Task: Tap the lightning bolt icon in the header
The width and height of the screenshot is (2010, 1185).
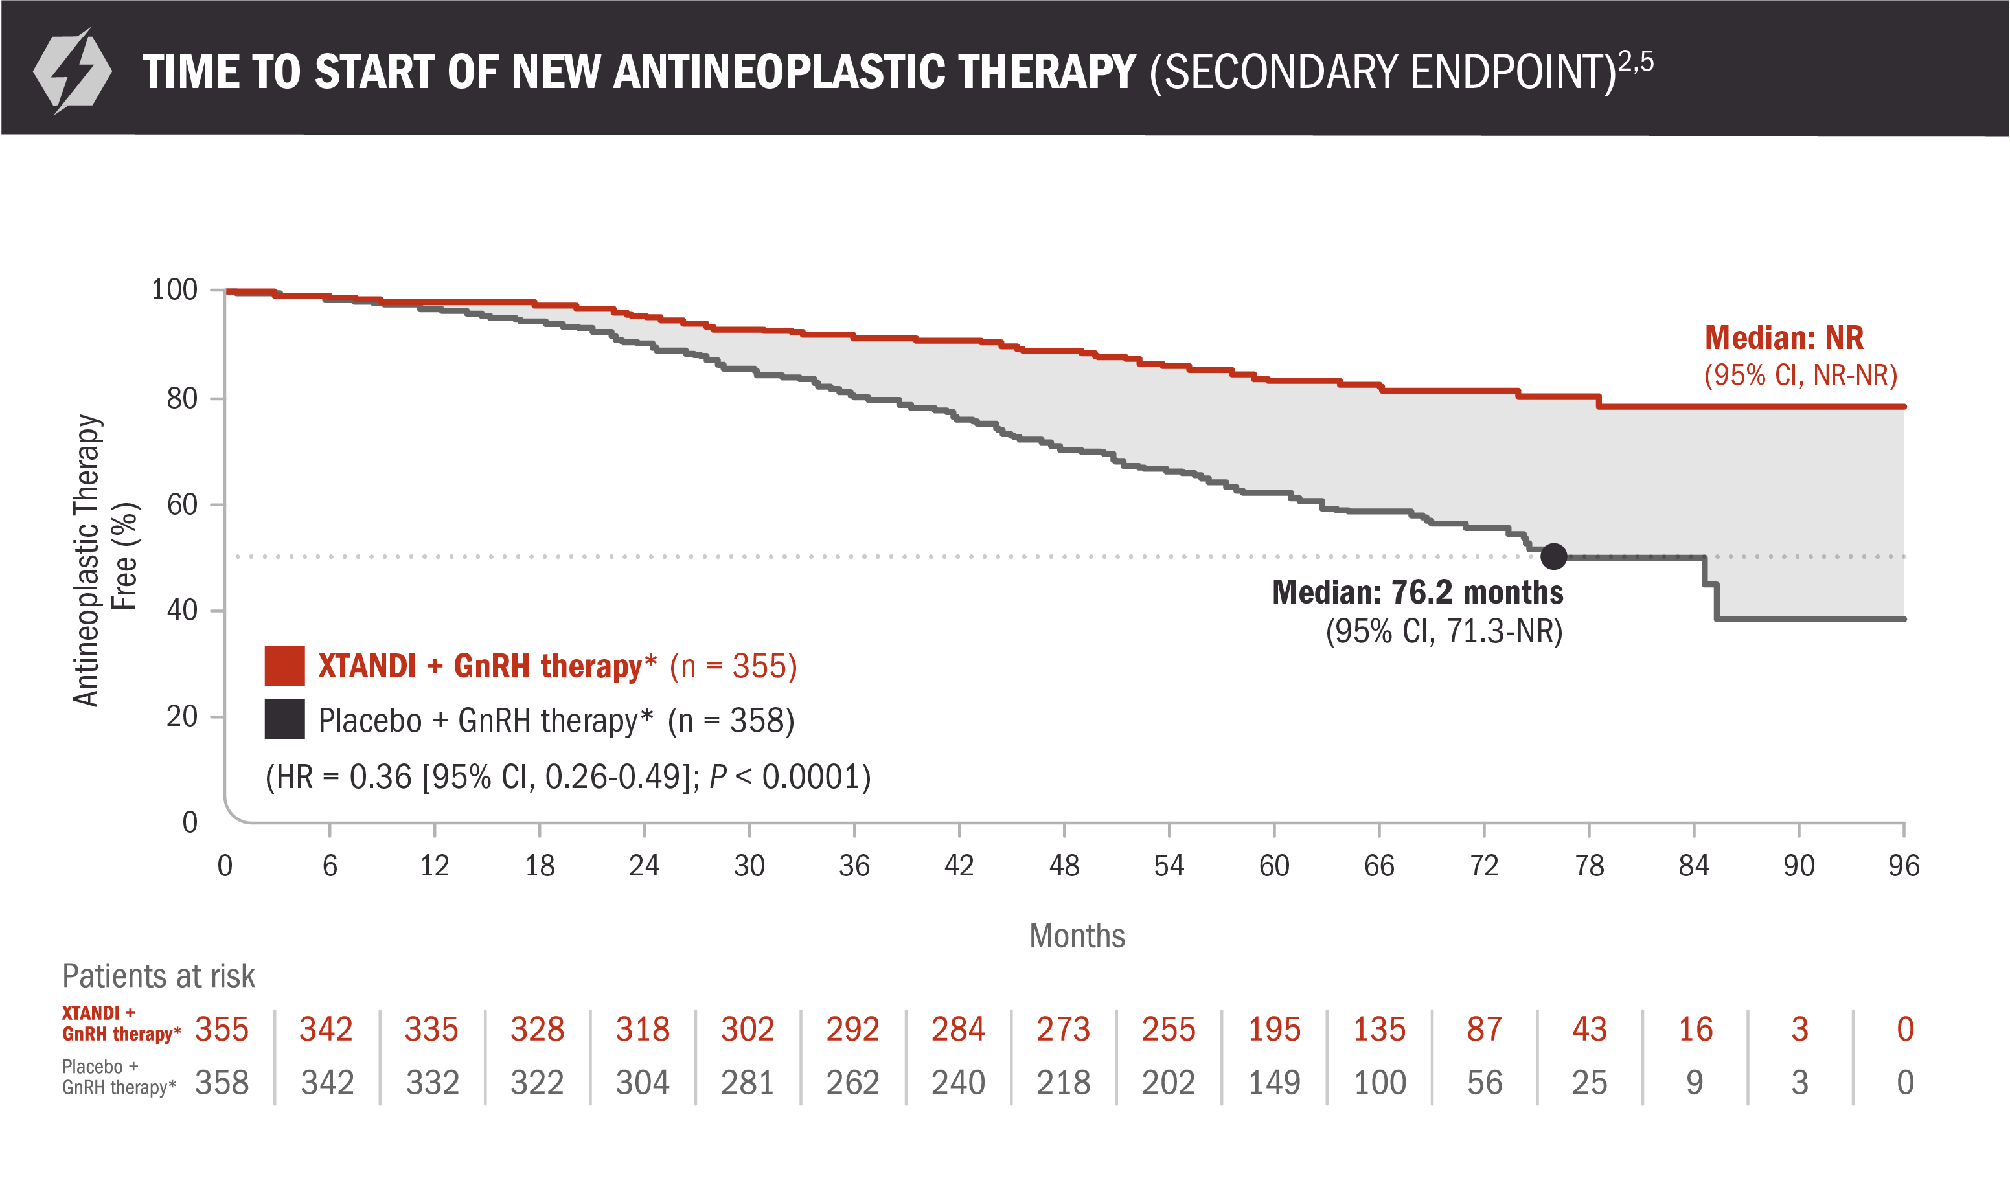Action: point(72,71)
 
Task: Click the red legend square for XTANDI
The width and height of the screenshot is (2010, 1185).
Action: point(284,665)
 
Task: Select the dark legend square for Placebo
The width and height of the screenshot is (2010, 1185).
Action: point(284,719)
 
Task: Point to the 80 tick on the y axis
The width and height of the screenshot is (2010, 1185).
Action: point(182,398)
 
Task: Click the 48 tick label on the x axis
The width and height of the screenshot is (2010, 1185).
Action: point(1064,866)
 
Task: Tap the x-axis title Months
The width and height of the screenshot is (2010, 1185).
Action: point(1077,935)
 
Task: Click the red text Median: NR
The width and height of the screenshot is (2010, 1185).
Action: point(1783,338)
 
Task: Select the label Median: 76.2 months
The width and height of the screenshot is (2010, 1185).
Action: point(1417,592)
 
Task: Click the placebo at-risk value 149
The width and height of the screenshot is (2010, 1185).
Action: point(1273,1083)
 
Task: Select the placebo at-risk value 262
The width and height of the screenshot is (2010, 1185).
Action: point(852,1083)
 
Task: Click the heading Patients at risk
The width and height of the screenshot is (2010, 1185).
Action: point(158,976)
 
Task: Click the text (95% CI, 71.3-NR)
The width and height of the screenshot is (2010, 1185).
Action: point(1443,631)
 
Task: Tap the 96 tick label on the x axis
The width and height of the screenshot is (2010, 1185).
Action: point(1904,866)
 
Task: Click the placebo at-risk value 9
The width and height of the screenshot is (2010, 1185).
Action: point(1694,1083)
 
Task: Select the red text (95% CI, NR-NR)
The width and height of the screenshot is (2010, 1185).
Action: point(1800,374)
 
